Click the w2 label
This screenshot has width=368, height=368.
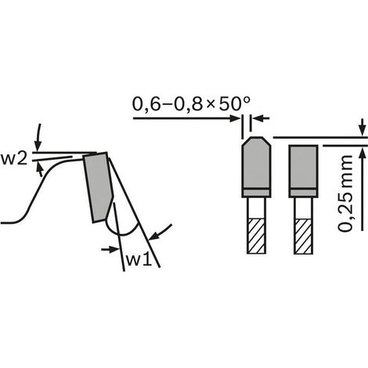[14, 159]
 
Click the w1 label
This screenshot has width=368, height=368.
[139, 260]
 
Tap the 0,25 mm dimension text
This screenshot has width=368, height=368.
[345, 193]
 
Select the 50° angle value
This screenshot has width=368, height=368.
[234, 103]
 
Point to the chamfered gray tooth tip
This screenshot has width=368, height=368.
[256, 167]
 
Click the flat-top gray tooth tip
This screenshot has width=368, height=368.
[303, 171]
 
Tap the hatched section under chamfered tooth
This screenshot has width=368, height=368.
[256, 236]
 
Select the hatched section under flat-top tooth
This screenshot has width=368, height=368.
[303, 236]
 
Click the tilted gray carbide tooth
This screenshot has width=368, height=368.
[99, 187]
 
